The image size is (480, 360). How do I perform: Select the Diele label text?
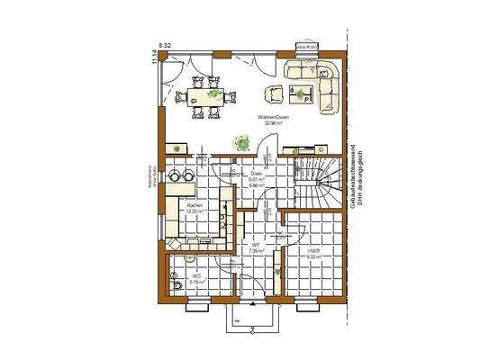click(242, 173)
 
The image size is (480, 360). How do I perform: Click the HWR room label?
click(312, 251)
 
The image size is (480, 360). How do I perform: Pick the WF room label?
click(256, 244)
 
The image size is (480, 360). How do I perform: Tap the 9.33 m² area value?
click(312, 257)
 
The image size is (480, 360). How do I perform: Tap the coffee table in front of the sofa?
click(300, 91)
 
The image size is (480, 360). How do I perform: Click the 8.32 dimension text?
click(166, 44)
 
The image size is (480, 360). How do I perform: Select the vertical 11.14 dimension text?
click(154, 57)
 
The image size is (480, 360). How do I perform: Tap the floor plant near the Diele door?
click(241, 141)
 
